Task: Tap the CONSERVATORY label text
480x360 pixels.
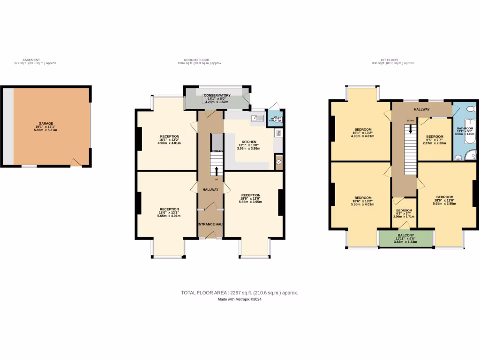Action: pyautogui.click(x=217, y=95)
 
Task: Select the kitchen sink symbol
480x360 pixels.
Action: pyautogui.click(x=257, y=118)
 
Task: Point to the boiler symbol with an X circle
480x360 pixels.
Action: pyautogui.click(x=278, y=162)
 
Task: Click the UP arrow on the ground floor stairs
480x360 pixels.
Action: pyautogui.click(x=216, y=170)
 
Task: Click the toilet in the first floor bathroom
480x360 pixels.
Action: pyautogui.click(x=473, y=109)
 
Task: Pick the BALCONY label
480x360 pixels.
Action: pyautogui.click(x=405, y=235)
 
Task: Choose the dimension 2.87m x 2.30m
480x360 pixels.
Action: pyautogui.click(x=434, y=143)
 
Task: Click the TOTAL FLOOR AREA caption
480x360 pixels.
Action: pyautogui.click(x=240, y=292)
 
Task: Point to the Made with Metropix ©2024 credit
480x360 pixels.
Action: pyautogui.click(x=240, y=300)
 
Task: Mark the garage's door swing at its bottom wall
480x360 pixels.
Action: pyautogui.click(x=75, y=162)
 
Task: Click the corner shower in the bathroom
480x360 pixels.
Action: pyautogui.click(x=471, y=155)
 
